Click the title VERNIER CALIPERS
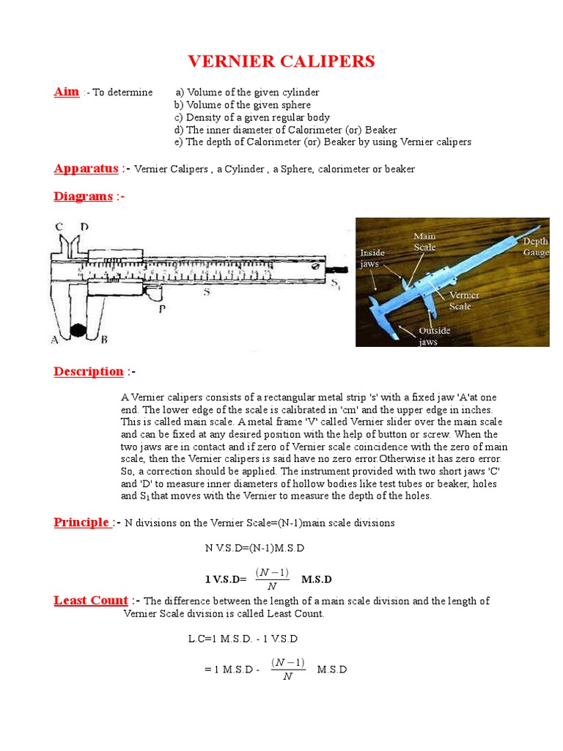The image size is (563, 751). (281, 61)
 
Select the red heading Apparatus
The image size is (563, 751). (86, 169)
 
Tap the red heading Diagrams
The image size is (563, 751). (83, 197)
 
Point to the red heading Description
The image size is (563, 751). (88, 371)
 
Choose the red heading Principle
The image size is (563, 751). (81, 522)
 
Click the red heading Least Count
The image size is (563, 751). (91, 601)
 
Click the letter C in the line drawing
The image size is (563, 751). (58, 227)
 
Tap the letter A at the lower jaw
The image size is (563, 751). (54, 338)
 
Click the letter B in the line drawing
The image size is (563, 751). (103, 338)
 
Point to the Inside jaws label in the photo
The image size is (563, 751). (372, 258)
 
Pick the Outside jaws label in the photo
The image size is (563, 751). (435, 336)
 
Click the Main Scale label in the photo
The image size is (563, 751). (424, 242)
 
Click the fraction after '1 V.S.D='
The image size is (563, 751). (272, 579)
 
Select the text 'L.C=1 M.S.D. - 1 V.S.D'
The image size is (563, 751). (243, 639)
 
